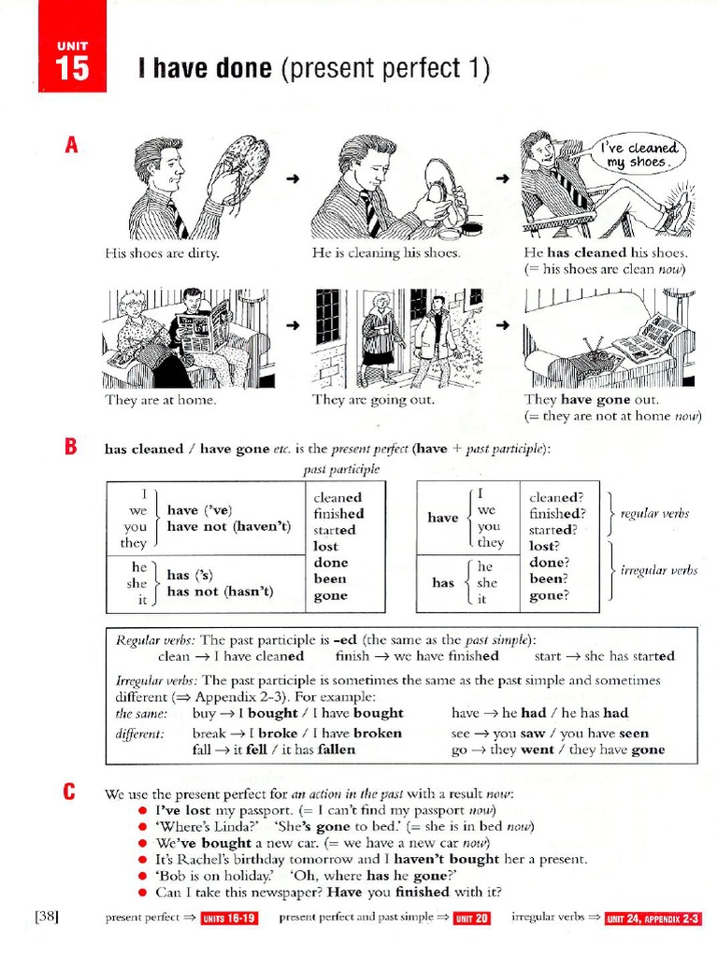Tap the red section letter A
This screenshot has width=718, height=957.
69,146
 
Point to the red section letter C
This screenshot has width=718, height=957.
69,793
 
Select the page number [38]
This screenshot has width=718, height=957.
48,917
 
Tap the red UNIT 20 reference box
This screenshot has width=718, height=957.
472,919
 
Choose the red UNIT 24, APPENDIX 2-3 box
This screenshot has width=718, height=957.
653,919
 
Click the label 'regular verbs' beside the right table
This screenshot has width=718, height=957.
654,513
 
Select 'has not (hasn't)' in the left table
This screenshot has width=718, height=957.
220,591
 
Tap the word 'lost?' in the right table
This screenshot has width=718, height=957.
545,545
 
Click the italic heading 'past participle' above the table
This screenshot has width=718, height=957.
342,469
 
